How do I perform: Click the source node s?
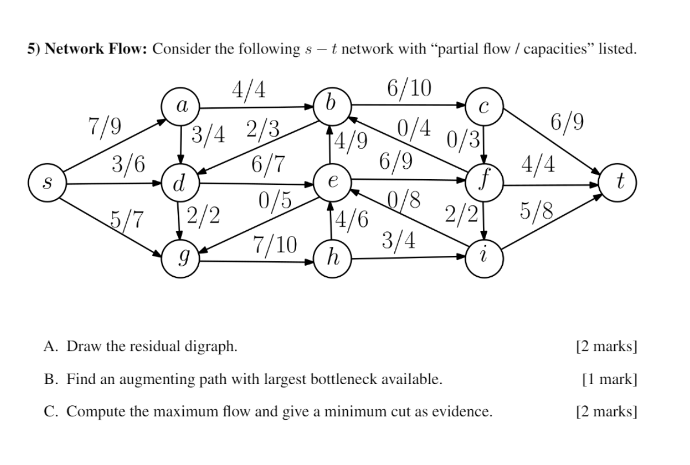pos(48,184)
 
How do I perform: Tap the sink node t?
pos(618,184)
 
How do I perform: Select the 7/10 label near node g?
pos(274,246)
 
